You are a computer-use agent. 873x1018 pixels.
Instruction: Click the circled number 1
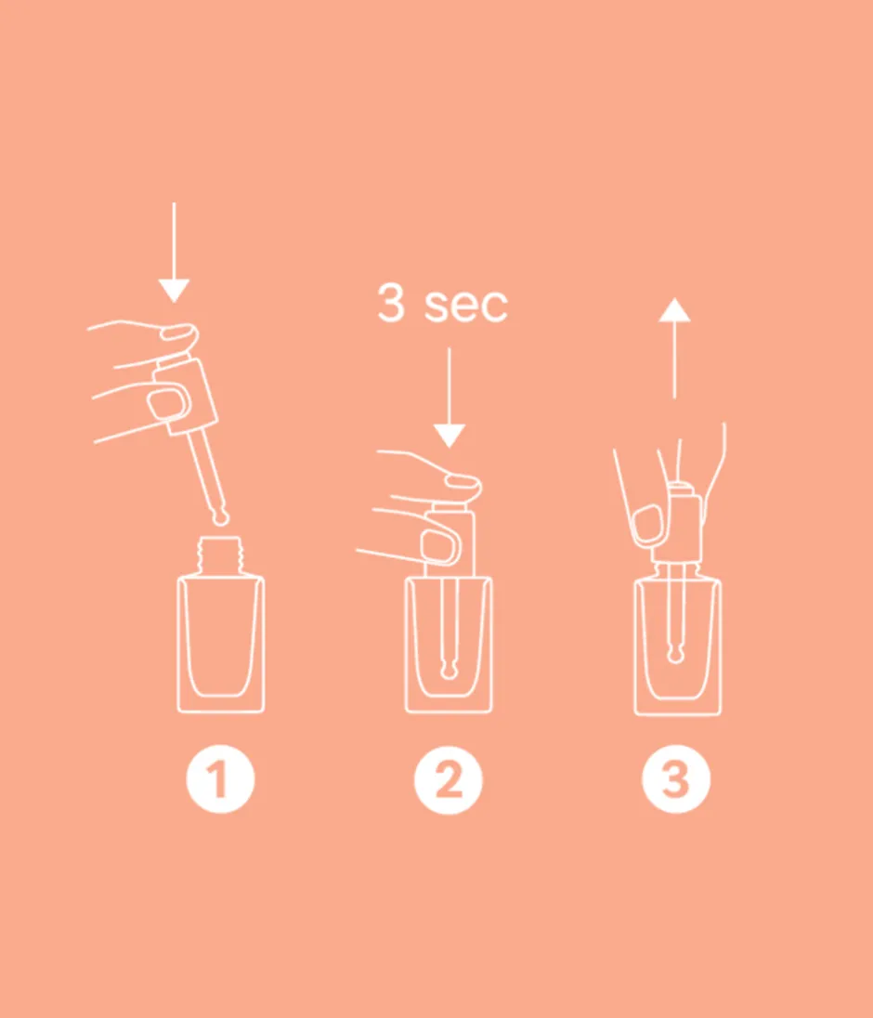220,781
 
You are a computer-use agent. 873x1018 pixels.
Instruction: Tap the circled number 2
449,781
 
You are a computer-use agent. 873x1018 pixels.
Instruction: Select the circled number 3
676,781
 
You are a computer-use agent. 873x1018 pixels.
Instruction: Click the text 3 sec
442,305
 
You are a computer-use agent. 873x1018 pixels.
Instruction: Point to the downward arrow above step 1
174,251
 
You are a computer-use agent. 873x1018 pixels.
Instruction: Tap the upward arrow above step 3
675,348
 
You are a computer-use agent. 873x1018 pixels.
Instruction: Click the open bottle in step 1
220,641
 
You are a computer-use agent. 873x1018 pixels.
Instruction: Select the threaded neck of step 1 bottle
220,556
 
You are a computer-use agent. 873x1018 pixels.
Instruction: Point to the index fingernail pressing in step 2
460,481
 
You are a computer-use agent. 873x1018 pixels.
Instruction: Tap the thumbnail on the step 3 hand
647,523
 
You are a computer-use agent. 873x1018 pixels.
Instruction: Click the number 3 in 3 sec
391,305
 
